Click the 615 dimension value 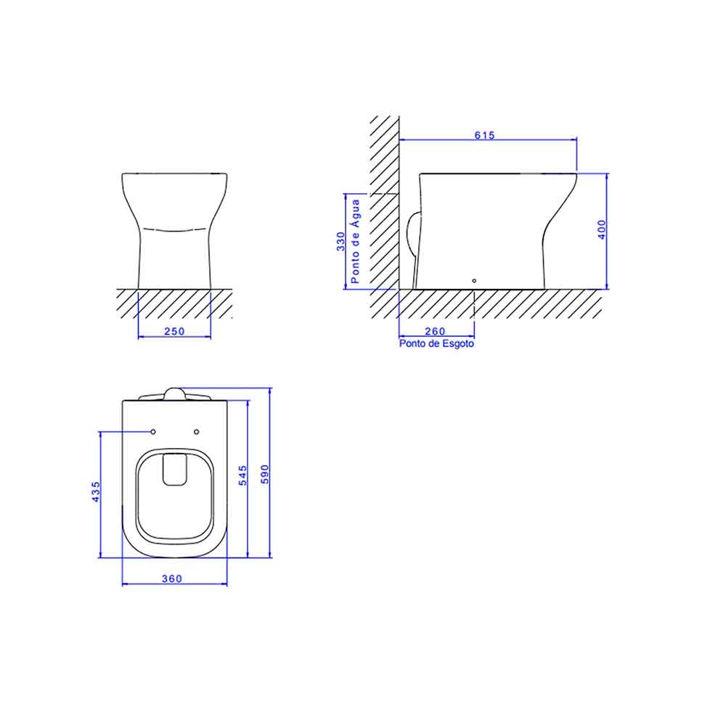click(484, 135)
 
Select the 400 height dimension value click(601, 229)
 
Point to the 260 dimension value click(436, 331)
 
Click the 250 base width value click(174, 331)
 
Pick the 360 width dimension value click(172, 579)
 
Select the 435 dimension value click(96, 492)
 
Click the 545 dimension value click(244, 476)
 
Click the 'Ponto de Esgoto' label click(436, 344)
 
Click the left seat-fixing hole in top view click(153, 432)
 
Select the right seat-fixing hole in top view click(197, 432)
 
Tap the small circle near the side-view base click(474, 280)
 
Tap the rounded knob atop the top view click(175, 393)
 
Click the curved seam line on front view click(175, 229)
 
